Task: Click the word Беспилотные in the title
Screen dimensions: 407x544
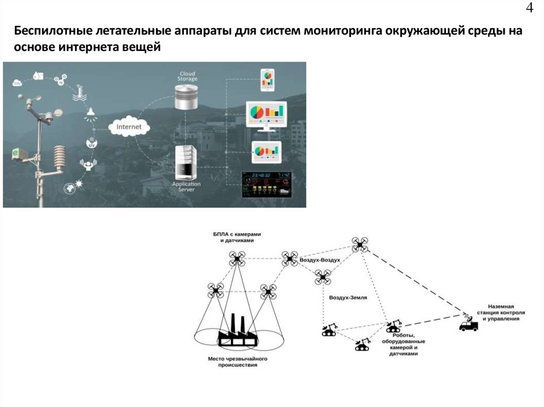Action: pyautogui.click(x=53, y=31)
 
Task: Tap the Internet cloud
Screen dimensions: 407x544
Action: pyautogui.click(x=129, y=127)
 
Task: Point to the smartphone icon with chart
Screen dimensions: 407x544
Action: pyautogui.click(x=267, y=80)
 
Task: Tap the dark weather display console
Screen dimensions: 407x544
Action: pyautogui.click(x=267, y=184)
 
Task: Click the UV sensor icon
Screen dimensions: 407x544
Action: pyautogui.click(x=91, y=143)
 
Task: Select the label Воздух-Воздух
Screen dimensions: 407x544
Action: pyautogui.click(x=319, y=261)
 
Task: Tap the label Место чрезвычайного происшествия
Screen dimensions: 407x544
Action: pyautogui.click(x=237, y=362)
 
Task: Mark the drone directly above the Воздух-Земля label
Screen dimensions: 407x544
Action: pyautogui.click(x=322, y=278)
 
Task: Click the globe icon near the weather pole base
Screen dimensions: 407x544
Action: pyautogui.click(x=69, y=187)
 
